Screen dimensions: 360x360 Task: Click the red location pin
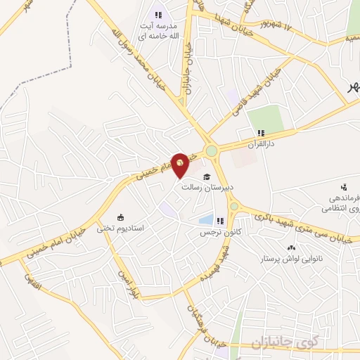[180, 164]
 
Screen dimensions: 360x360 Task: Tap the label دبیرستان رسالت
[202, 188]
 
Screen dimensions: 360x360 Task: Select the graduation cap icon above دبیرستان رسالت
[207, 176]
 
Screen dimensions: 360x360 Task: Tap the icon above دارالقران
[261, 133]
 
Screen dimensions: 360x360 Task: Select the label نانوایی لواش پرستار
[290, 259]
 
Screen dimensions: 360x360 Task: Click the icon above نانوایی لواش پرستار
[290, 247]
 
